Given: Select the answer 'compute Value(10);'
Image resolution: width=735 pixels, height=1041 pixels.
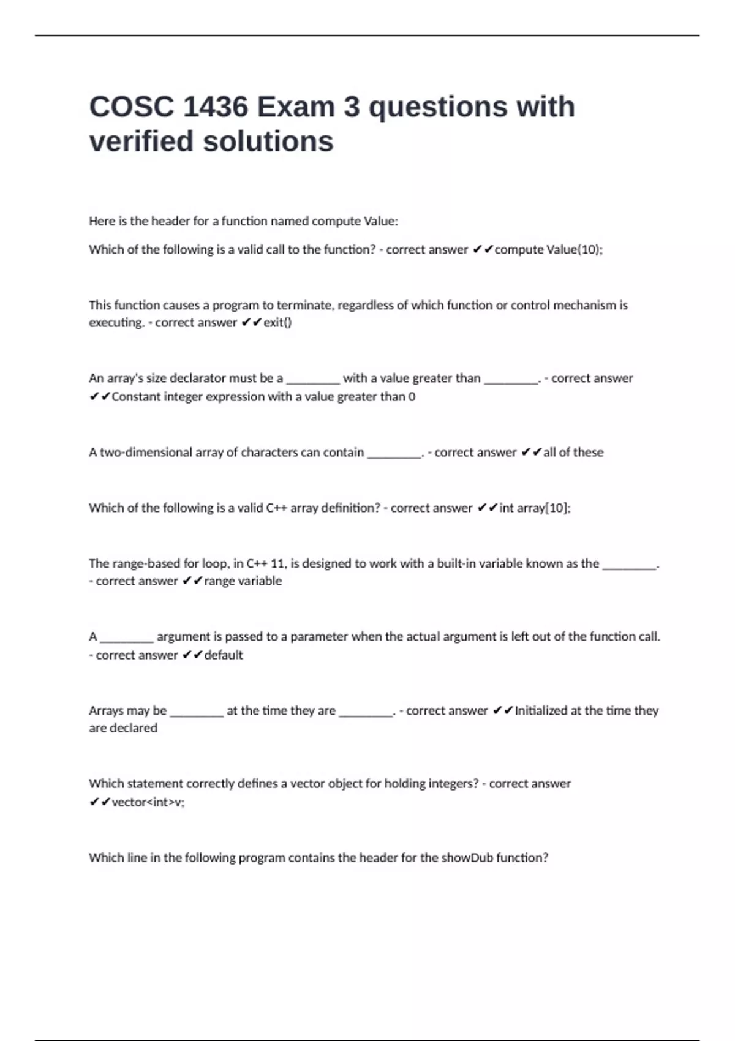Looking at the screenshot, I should [x=548, y=250].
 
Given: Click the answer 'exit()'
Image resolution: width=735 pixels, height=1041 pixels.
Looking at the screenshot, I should [x=277, y=323].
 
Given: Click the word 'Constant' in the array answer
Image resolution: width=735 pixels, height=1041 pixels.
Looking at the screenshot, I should [x=135, y=397].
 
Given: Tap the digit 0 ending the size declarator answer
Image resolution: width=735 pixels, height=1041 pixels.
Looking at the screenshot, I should [x=412, y=397].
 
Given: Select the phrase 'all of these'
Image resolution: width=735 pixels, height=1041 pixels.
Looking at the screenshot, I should [x=573, y=453].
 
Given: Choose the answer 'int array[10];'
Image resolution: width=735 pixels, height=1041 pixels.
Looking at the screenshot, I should [x=535, y=508].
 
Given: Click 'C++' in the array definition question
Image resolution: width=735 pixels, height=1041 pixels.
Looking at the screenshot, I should [x=276, y=508].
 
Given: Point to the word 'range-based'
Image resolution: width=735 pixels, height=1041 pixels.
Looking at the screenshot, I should [x=134, y=563].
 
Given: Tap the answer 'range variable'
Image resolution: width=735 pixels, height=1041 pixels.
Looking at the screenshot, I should [x=243, y=581].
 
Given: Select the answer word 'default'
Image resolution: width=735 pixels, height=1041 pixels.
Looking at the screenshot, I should [x=224, y=655].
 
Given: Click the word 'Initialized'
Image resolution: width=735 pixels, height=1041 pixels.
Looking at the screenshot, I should [x=541, y=711].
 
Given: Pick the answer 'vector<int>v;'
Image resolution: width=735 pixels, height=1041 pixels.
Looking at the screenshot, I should [x=148, y=802].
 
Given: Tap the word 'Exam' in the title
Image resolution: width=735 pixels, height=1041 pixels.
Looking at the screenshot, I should [x=295, y=107].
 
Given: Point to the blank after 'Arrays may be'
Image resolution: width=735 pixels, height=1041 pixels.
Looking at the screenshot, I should [x=197, y=713].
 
